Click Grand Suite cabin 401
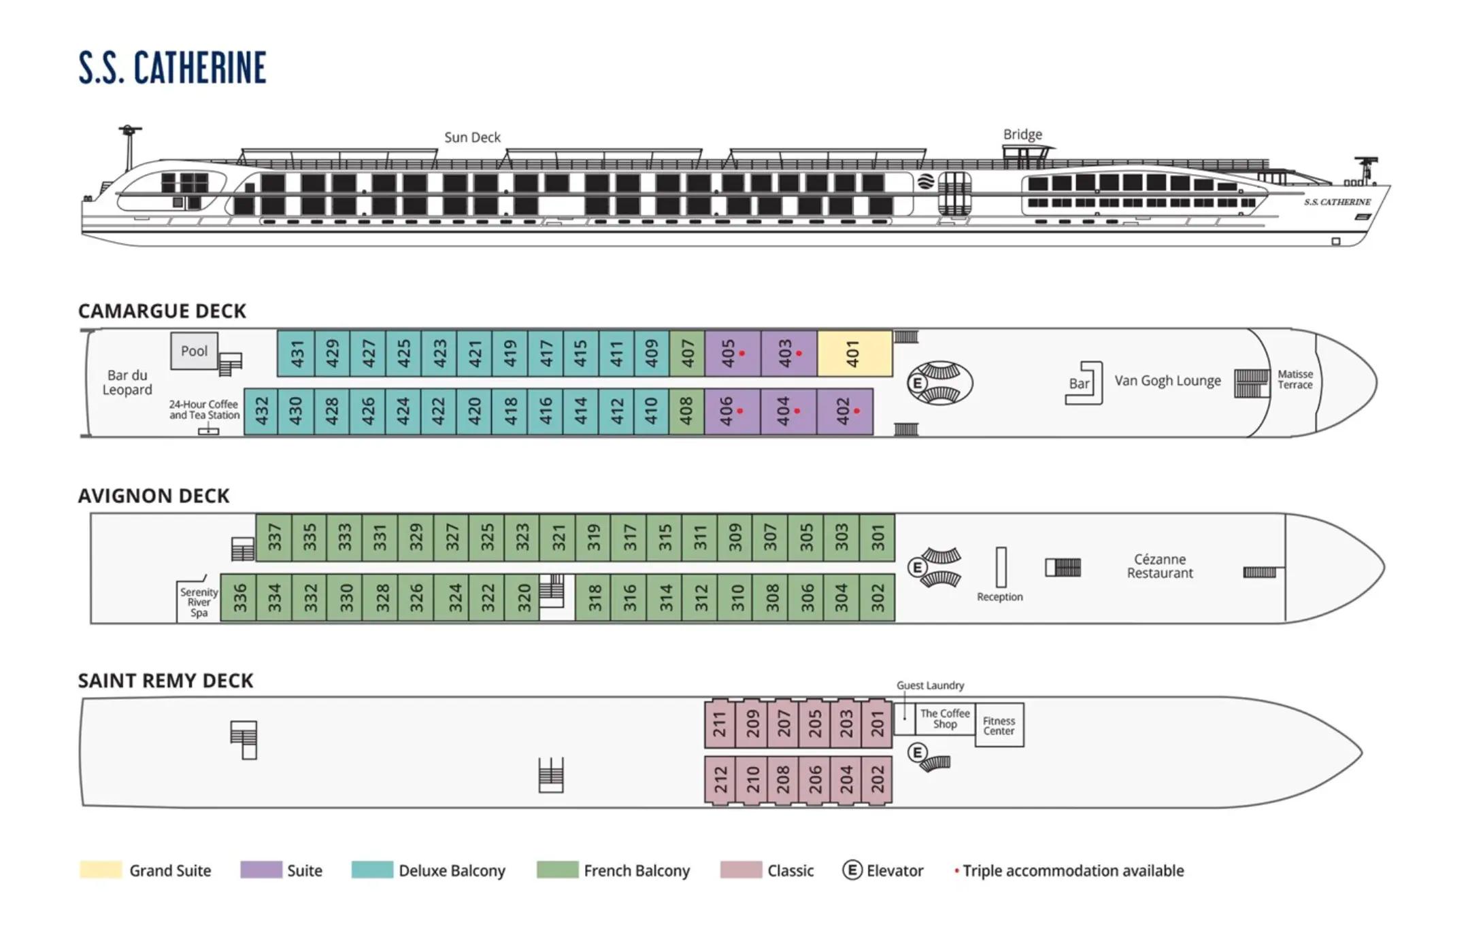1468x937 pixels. click(854, 354)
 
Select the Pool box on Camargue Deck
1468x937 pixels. click(194, 351)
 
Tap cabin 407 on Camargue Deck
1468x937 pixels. click(687, 354)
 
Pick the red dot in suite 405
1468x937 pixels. click(741, 354)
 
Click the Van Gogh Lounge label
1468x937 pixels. click(1167, 381)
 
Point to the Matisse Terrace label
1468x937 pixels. click(1295, 379)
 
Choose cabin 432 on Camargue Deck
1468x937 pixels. click(261, 411)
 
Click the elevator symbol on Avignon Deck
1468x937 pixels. click(917, 567)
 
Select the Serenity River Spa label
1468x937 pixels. click(199, 602)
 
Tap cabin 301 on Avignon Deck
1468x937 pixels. click(878, 537)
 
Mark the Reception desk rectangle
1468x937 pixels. click(1001, 567)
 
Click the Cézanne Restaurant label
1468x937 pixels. click(1160, 566)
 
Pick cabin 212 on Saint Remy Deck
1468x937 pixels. click(720, 780)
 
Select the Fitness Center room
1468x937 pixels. click(999, 726)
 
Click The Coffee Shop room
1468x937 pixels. click(945, 719)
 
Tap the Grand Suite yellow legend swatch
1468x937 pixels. click(101, 870)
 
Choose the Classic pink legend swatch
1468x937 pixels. click(741, 870)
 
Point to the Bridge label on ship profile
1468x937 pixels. click(1022, 134)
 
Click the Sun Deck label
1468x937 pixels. click(472, 137)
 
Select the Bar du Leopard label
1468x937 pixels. click(127, 382)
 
